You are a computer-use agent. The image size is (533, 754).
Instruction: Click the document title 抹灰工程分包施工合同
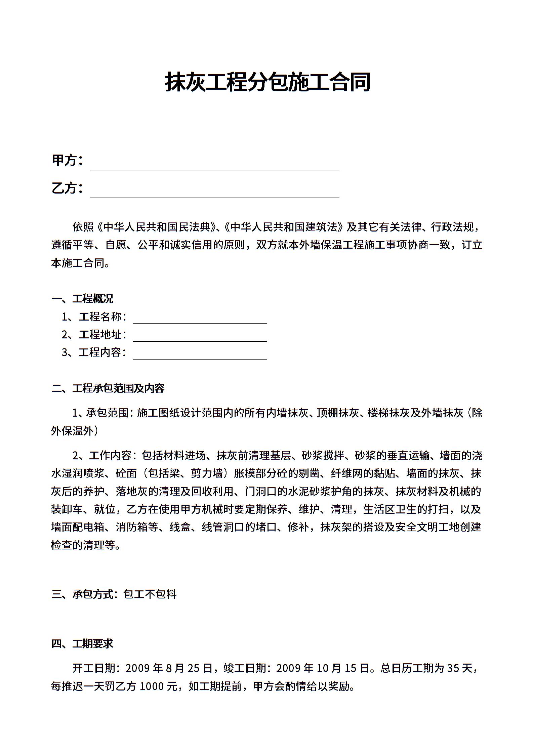coord(268,82)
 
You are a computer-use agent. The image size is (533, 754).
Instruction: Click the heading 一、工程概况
coord(82,298)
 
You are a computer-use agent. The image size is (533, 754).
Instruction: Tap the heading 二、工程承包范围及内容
coord(108,388)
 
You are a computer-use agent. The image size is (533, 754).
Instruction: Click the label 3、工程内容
coord(94,352)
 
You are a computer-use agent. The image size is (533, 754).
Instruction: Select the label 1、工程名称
coord(94,317)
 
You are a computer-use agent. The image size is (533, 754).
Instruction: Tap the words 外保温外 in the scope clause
coord(72,431)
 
